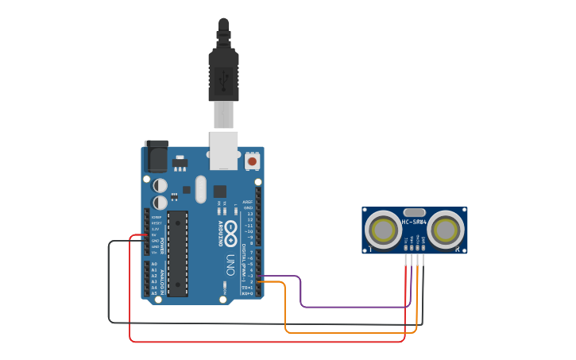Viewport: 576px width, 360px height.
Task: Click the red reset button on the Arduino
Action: pos(252,161)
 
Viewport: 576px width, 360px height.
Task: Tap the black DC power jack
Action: pos(156,156)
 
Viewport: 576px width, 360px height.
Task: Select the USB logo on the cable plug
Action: pos(223,79)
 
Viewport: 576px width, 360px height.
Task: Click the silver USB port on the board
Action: pos(223,150)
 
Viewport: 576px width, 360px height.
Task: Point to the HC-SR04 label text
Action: pos(414,222)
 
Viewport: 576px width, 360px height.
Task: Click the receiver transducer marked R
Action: pos(444,230)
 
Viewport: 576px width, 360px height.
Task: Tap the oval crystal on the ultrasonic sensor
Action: pos(414,212)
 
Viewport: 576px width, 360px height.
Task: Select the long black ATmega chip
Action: pos(177,253)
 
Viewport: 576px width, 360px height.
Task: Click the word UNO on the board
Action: pos(230,263)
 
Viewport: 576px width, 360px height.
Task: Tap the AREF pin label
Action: pos(248,202)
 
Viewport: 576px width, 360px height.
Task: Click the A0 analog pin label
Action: pos(154,264)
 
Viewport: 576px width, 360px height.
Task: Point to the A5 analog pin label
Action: pos(154,293)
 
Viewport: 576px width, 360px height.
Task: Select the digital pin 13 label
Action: pos(249,214)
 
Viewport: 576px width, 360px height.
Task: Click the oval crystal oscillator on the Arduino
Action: pos(200,189)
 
